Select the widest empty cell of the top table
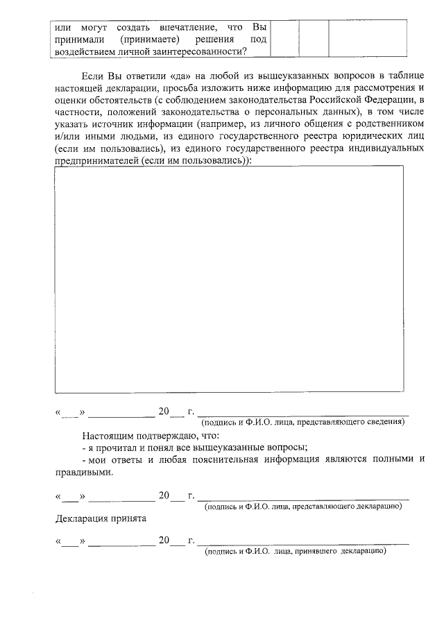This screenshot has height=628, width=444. (x=366, y=38)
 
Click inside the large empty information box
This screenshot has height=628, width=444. (x=229, y=281)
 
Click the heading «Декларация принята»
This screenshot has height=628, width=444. (x=101, y=518)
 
